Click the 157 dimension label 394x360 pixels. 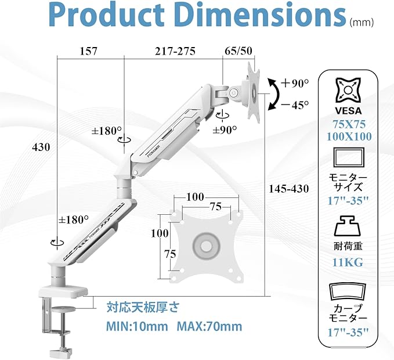click(88, 51)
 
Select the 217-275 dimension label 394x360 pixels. click(175, 51)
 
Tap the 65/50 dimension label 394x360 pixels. click(238, 51)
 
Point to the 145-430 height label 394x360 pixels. click(289, 189)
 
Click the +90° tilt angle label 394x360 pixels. click(295, 83)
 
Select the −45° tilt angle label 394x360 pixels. click(295, 105)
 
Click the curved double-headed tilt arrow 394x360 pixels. click(276, 94)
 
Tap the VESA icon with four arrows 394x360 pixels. click(348, 90)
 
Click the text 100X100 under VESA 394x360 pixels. click(349, 136)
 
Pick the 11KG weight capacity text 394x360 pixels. click(348, 262)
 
